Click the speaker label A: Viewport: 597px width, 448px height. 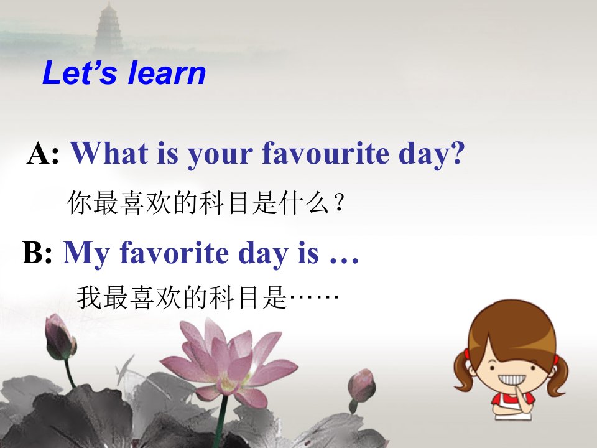point(43,153)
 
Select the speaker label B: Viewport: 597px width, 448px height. point(37,252)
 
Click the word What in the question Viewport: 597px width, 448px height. point(109,153)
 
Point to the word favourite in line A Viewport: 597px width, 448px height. point(325,153)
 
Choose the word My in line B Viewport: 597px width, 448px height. point(86,254)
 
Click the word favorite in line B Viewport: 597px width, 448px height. point(174,252)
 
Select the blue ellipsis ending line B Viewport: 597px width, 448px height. point(344,261)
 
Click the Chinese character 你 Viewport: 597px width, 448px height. point(79,202)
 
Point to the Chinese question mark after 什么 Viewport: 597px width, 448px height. point(340,203)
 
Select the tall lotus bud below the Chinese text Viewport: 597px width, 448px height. point(60,337)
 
